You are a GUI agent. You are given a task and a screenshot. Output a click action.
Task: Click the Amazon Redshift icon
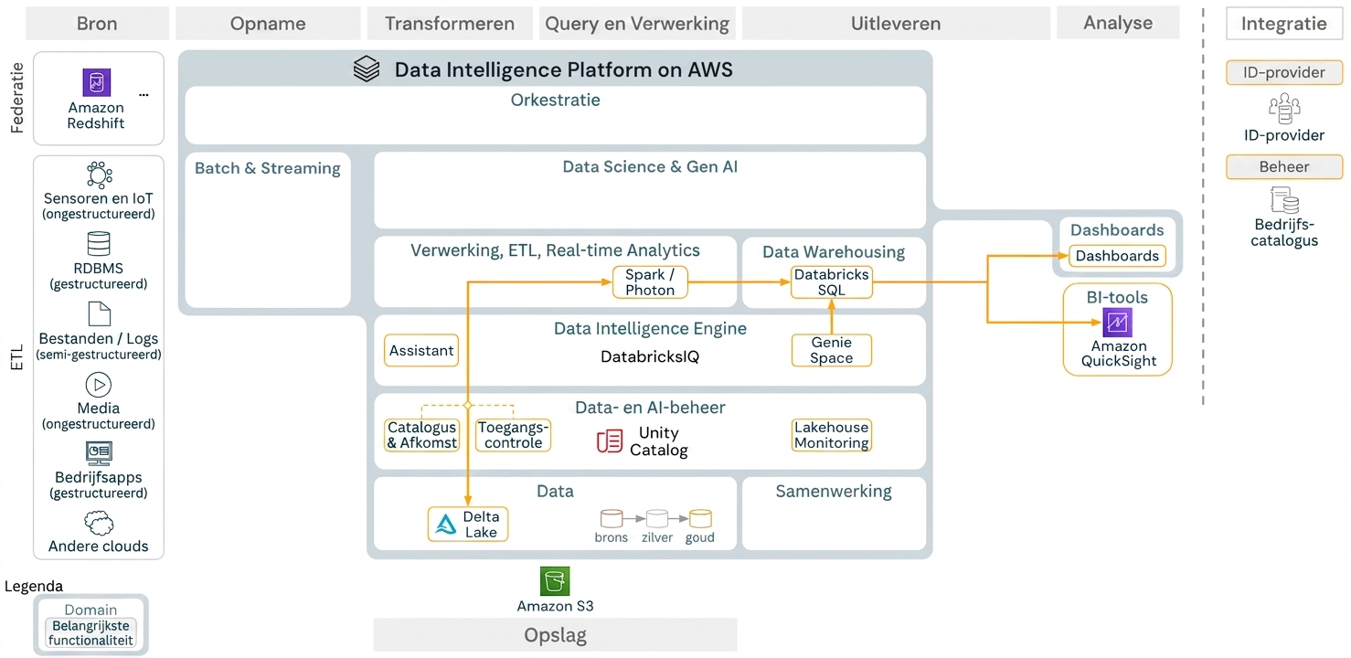pyautogui.click(x=97, y=82)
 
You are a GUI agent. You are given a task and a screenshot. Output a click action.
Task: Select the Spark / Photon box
pyautogui.click(x=650, y=282)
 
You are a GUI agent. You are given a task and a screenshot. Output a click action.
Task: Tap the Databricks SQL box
pyautogui.click(x=831, y=282)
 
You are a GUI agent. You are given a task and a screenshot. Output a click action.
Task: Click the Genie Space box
pyautogui.click(x=831, y=350)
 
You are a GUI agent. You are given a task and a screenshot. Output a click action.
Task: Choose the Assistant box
pyautogui.click(x=421, y=350)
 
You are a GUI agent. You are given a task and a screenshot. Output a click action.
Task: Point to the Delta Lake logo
pyautogui.click(x=446, y=524)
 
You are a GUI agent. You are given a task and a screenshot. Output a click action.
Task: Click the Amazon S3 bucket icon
pyautogui.click(x=554, y=581)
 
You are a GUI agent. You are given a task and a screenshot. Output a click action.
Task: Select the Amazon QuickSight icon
pyautogui.click(x=1117, y=323)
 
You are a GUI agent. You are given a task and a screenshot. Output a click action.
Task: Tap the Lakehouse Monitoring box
pyautogui.click(x=831, y=435)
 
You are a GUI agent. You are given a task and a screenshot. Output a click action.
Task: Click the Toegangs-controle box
pyautogui.click(x=514, y=435)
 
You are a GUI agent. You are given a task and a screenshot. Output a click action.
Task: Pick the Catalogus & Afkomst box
pyautogui.click(x=421, y=435)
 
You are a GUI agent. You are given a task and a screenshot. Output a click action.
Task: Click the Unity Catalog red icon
pyautogui.click(x=609, y=440)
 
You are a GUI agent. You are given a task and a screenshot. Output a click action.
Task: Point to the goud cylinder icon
pyautogui.click(x=700, y=519)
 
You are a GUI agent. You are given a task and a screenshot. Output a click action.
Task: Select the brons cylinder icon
pyautogui.click(x=611, y=519)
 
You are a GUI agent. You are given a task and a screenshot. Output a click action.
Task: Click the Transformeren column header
pyautogui.click(x=450, y=24)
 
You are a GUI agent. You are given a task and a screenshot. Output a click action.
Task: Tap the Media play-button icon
pyautogui.click(x=99, y=385)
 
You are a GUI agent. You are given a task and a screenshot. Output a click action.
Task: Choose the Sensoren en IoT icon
pyautogui.click(x=99, y=175)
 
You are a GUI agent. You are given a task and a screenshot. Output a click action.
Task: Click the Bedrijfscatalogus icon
pyautogui.click(x=1284, y=200)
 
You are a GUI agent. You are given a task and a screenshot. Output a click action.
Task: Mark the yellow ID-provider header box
pyautogui.click(x=1284, y=72)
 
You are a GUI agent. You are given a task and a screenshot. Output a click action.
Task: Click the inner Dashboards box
pyautogui.click(x=1117, y=256)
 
